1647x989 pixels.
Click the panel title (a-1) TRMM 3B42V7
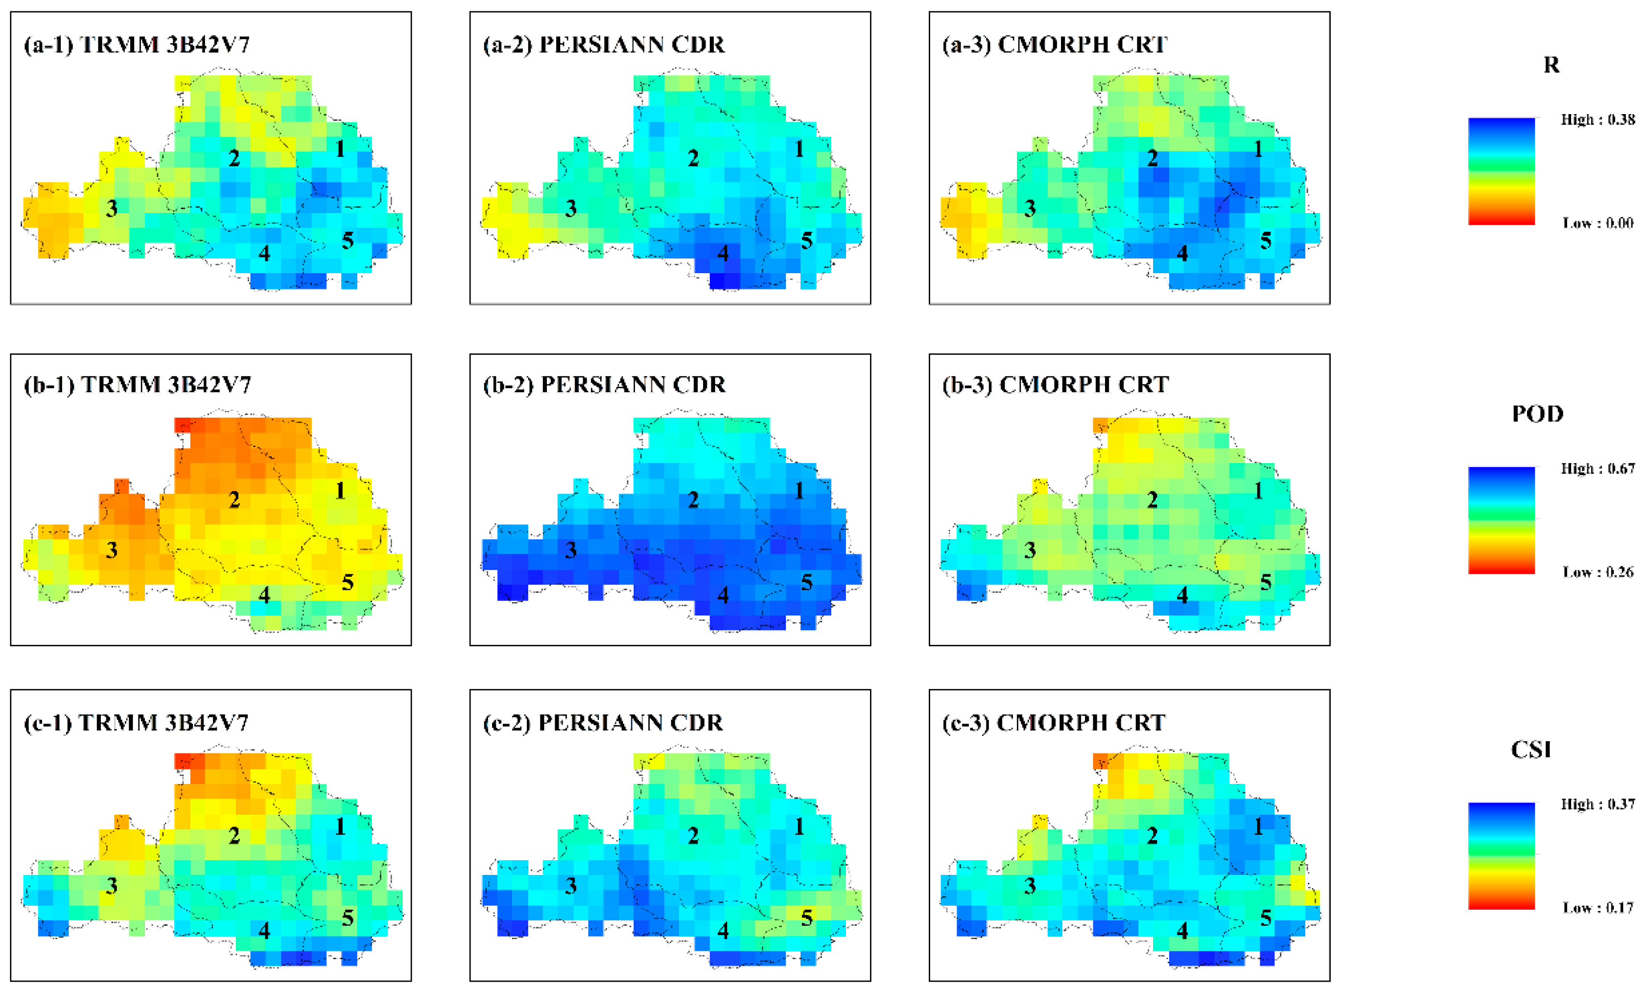tap(137, 45)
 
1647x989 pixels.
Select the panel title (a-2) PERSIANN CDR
tap(604, 45)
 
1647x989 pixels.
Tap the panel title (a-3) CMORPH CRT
tap(1055, 45)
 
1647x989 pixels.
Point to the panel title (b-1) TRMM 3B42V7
tap(137, 384)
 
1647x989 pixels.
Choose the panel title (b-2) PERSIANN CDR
tap(604, 384)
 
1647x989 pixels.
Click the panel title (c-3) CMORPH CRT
tap(1054, 723)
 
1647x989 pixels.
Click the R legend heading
tap(1551, 65)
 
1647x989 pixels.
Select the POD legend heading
tap(1537, 414)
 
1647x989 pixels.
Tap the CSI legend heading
tap(1530, 750)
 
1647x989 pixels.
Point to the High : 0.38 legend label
tap(1597, 120)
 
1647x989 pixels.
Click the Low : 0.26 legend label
tap(1598, 572)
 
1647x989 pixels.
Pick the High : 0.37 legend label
tap(1597, 804)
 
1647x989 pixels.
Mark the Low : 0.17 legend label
tap(1598, 908)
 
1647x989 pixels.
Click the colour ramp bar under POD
tap(1501, 520)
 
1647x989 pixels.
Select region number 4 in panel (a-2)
tap(723, 253)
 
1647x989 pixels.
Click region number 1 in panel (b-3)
tap(1258, 491)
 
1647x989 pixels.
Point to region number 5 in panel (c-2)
tap(806, 918)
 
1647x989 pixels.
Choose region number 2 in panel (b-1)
tap(234, 500)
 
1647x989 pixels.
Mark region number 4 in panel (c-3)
tap(1182, 930)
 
